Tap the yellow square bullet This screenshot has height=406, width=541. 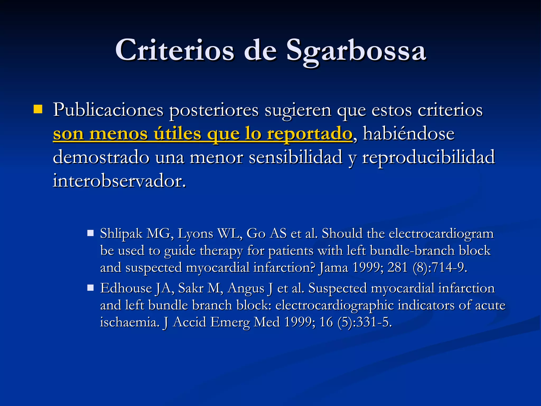click(38, 109)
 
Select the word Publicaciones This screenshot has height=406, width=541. click(108, 110)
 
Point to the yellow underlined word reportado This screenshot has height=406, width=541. click(309, 134)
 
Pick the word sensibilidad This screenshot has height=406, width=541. click(296, 157)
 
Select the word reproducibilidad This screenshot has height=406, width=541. click(428, 157)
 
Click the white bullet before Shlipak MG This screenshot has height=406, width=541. click(91, 233)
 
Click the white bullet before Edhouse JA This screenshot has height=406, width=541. click(91, 288)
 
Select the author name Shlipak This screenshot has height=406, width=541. click(121, 234)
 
